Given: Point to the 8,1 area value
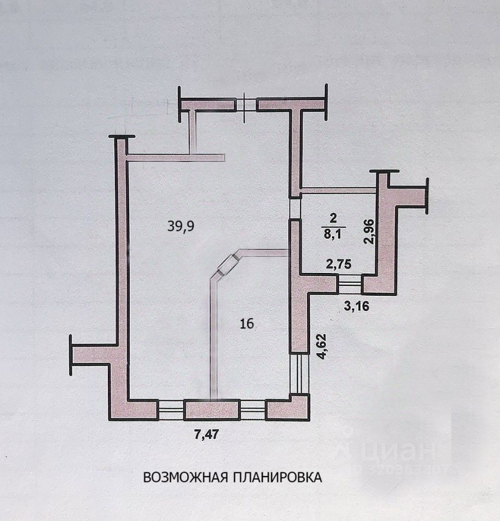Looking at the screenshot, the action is (333, 234).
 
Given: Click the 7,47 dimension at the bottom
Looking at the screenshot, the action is (208, 434).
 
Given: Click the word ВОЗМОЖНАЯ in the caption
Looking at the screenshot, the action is (187, 478).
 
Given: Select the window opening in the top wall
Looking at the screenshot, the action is (246, 104).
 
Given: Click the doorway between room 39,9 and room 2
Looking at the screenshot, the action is (294, 207).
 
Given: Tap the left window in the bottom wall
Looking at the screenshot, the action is (170, 410).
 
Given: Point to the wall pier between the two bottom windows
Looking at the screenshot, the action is (211, 410).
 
